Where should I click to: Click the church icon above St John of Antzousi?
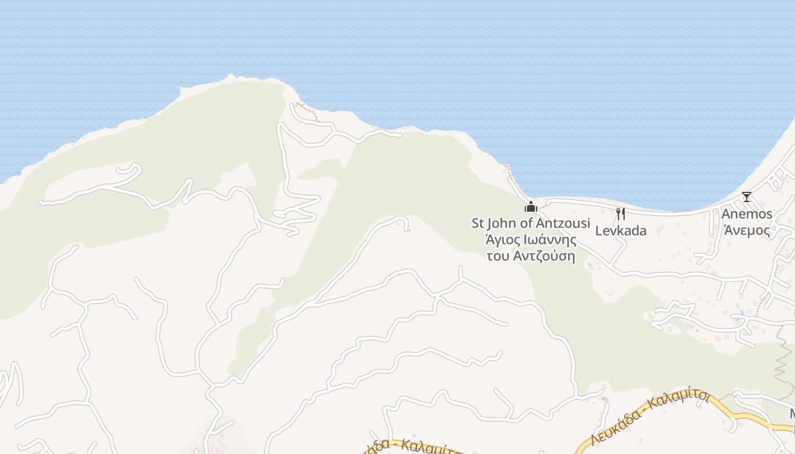[x=531, y=206]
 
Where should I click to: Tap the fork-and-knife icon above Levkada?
[x=621, y=214]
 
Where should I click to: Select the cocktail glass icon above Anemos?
[x=746, y=197]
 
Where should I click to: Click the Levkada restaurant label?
[x=621, y=231]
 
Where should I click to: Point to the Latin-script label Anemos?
[x=747, y=215]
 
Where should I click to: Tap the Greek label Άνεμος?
[x=747, y=231]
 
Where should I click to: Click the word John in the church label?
[x=501, y=223]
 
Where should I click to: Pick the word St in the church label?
[x=478, y=223]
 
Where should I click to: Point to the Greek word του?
[x=499, y=256]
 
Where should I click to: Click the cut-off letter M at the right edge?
[x=792, y=414]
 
